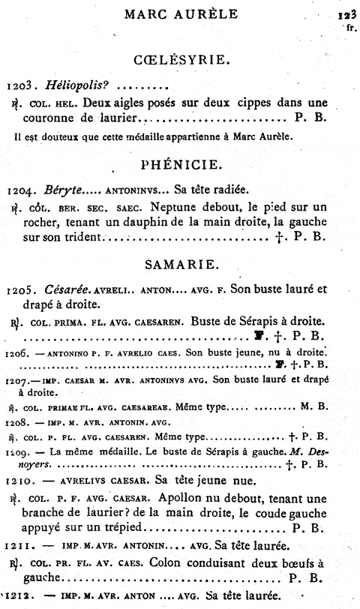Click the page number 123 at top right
(345, 14)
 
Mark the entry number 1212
(17, 598)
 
